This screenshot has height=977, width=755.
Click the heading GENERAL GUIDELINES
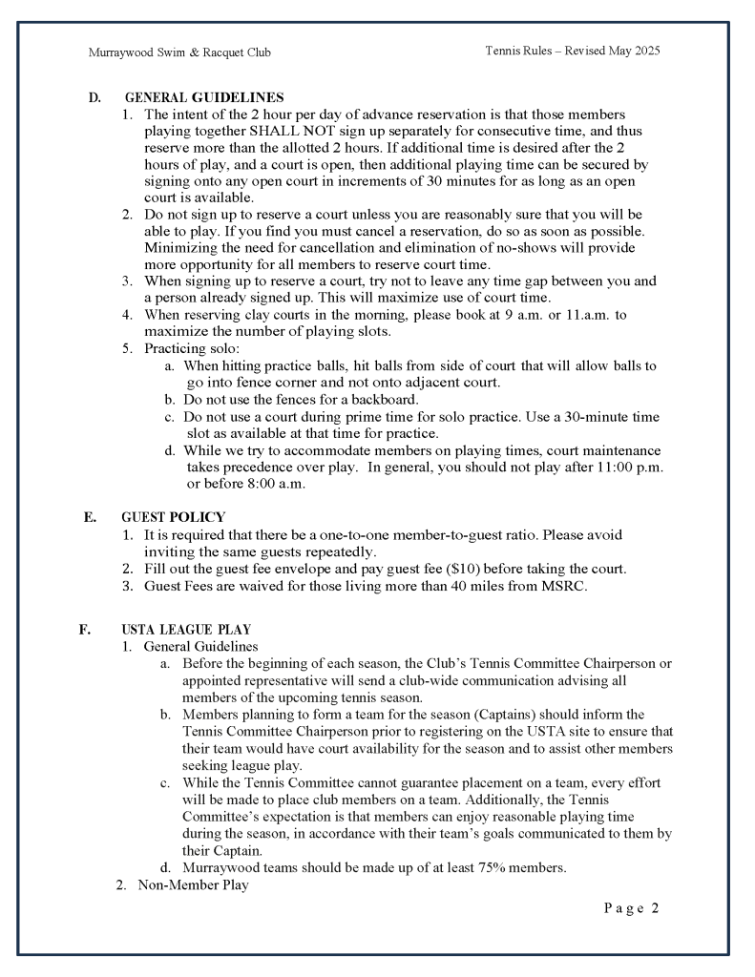203,98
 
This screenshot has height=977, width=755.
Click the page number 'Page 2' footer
631,907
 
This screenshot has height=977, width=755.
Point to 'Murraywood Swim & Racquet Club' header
179,52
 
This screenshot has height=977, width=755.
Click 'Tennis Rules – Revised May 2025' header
572,51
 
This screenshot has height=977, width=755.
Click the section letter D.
94,98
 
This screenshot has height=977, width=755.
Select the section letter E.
90,517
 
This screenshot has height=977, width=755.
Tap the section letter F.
85,630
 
